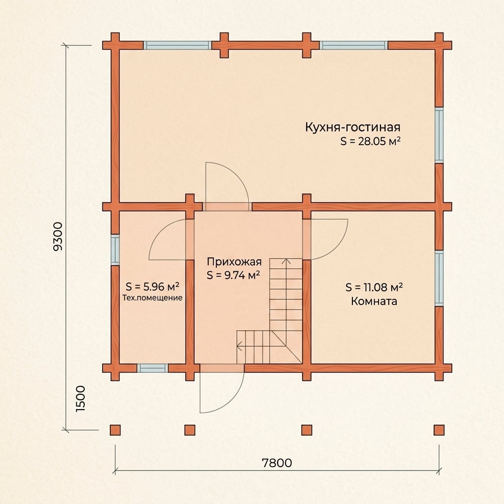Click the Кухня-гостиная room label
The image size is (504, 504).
(x=352, y=127)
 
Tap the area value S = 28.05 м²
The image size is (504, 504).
(x=371, y=141)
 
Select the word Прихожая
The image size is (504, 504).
(x=234, y=262)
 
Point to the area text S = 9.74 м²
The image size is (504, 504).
(x=233, y=276)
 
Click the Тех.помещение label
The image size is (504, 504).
(x=153, y=298)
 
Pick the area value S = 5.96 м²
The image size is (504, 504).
(x=153, y=286)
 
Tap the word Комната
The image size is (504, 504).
(x=374, y=301)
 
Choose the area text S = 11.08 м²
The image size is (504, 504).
(x=374, y=287)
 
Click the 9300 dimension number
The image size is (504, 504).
(x=58, y=236)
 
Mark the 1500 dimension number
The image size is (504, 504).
(x=80, y=399)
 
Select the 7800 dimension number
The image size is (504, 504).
(x=277, y=463)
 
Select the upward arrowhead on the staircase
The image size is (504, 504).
(x=286, y=261)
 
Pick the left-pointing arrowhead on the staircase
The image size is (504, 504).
(x=240, y=346)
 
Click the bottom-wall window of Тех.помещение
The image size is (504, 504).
(x=153, y=368)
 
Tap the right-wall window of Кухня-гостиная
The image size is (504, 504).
(x=439, y=135)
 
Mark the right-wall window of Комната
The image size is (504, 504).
(x=439, y=278)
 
